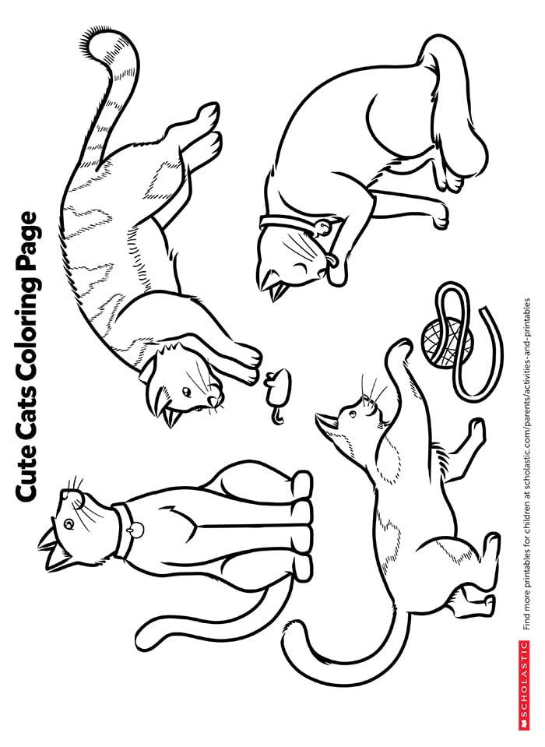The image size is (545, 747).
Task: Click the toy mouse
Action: [276, 387]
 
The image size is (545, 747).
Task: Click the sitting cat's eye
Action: [69, 524]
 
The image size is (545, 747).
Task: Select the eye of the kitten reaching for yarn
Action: [353, 414]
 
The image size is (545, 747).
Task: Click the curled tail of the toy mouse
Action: [277, 414]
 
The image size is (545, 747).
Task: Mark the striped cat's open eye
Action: [187, 392]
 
